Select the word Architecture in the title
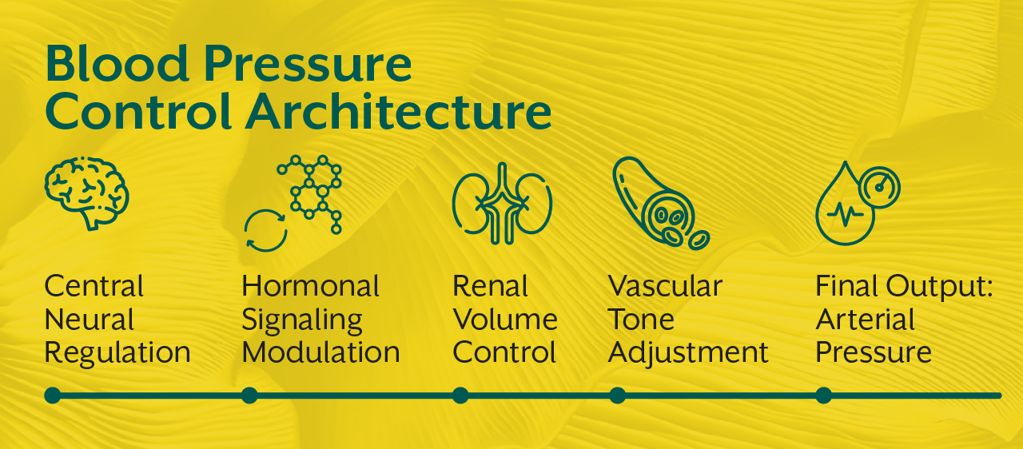pos(398,113)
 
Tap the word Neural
pos(90,320)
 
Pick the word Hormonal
pos(311,286)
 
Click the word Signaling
pos(302,320)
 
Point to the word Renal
pos(491,286)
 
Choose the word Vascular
pos(665,286)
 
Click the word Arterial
pos(865,320)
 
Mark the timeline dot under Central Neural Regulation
pos(53,395)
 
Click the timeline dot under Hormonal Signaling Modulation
pos(249,395)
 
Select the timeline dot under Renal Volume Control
pos(460,395)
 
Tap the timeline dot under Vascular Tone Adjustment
pos(617,395)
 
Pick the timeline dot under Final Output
pos(824,395)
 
